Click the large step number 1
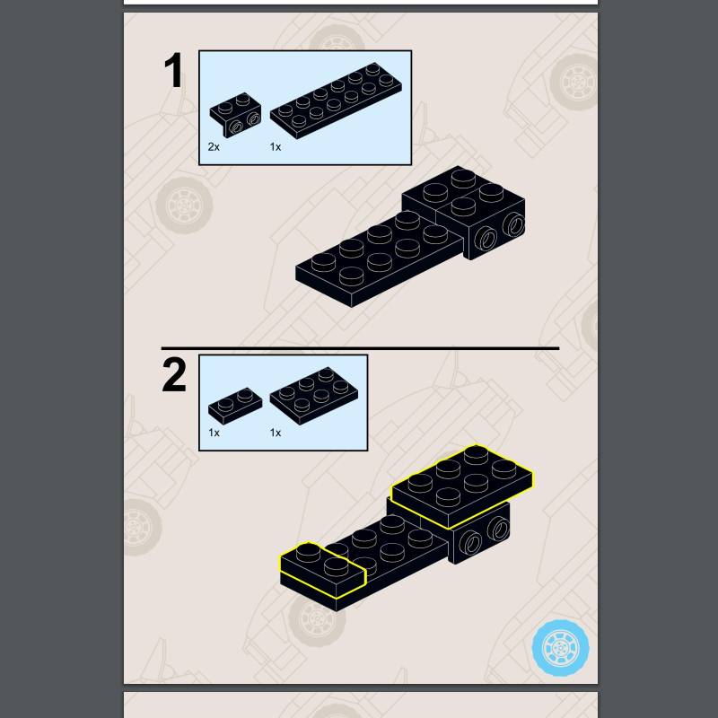click(x=174, y=70)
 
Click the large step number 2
click(x=174, y=374)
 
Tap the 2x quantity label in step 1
click(x=214, y=147)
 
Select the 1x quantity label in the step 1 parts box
click(x=276, y=147)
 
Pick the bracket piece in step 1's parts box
click(x=236, y=115)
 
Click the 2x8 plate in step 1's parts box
click(x=336, y=101)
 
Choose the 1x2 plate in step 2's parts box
click(x=235, y=406)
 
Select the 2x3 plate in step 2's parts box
click(x=314, y=396)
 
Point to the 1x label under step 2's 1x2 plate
click(x=214, y=433)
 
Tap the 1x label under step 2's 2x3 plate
click(x=276, y=433)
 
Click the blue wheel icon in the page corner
click(x=560, y=648)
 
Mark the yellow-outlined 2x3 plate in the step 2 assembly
click(x=462, y=486)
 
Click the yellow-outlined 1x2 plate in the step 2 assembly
click(x=323, y=570)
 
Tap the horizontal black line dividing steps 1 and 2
click(x=361, y=348)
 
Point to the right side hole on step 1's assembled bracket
click(x=513, y=225)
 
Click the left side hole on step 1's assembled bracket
click(x=486, y=239)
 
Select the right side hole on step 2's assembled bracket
click(x=498, y=530)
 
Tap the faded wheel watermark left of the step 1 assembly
click(x=184, y=206)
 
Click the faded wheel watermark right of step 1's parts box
click(x=574, y=83)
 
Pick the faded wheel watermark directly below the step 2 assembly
click(x=316, y=619)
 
